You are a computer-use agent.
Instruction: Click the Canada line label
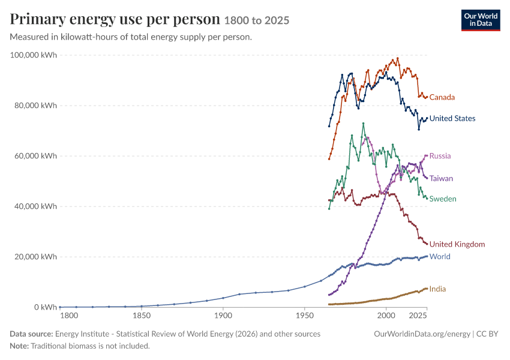click(442, 97)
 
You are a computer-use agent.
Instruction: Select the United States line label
click(452, 118)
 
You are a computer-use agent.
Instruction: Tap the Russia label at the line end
click(440, 156)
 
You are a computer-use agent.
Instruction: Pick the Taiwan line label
click(441, 179)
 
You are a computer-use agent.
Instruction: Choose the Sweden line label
click(443, 199)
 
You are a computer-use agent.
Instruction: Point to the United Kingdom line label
click(457, 244)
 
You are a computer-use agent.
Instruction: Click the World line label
click(440, 257)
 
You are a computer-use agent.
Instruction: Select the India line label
click(437, 289)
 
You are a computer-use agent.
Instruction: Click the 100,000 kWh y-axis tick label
click(33, 55)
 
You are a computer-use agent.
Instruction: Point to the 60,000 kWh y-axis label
click(35, 156)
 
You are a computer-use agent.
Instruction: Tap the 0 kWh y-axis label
click(46, 307)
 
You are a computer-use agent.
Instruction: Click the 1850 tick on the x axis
click(142, 316)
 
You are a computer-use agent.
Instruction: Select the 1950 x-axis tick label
click(305, 316)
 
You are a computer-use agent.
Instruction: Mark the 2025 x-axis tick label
click(418, 316)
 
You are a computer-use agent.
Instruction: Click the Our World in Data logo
click(481, 20)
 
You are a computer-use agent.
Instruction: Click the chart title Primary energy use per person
click(115, 19)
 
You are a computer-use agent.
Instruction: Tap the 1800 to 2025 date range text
click(257, 20)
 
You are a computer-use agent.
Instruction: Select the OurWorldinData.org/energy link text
click(422, 334)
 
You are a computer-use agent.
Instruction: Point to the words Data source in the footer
click(31, 334)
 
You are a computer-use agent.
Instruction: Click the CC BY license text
click(487, 334)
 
